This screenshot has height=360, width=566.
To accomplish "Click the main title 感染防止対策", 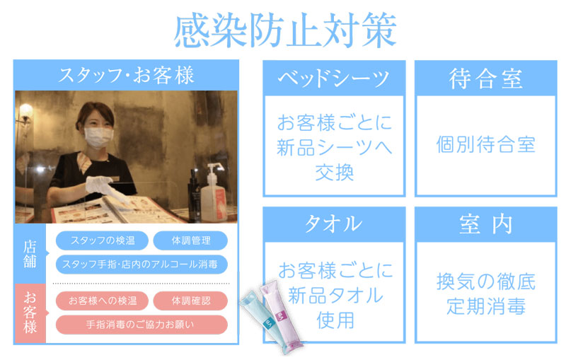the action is (285, 30).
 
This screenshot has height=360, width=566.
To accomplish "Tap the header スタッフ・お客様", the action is (127, 76).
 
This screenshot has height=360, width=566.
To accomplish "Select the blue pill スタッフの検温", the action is (102, 240).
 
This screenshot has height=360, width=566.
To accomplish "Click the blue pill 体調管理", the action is (190, 240).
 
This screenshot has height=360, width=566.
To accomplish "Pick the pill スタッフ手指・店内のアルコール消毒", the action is (141, 265).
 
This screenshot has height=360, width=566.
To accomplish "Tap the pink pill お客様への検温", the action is (102, 301).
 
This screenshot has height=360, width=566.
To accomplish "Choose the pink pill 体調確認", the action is (190, 301).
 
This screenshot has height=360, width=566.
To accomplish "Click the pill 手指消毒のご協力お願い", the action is (141, 325).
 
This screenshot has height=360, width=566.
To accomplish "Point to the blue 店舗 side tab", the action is (30, 254).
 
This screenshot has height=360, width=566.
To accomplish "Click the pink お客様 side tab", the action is (30, 313).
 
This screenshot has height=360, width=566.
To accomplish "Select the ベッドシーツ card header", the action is (334, 79).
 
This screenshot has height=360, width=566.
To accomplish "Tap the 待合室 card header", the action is (486, 79).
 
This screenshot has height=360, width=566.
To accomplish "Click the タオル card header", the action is (334, 224).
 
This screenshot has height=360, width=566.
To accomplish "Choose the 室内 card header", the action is (486, 224).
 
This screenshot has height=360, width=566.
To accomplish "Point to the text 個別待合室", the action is (486, 145).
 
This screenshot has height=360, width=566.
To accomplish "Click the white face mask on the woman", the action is (98, 137).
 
